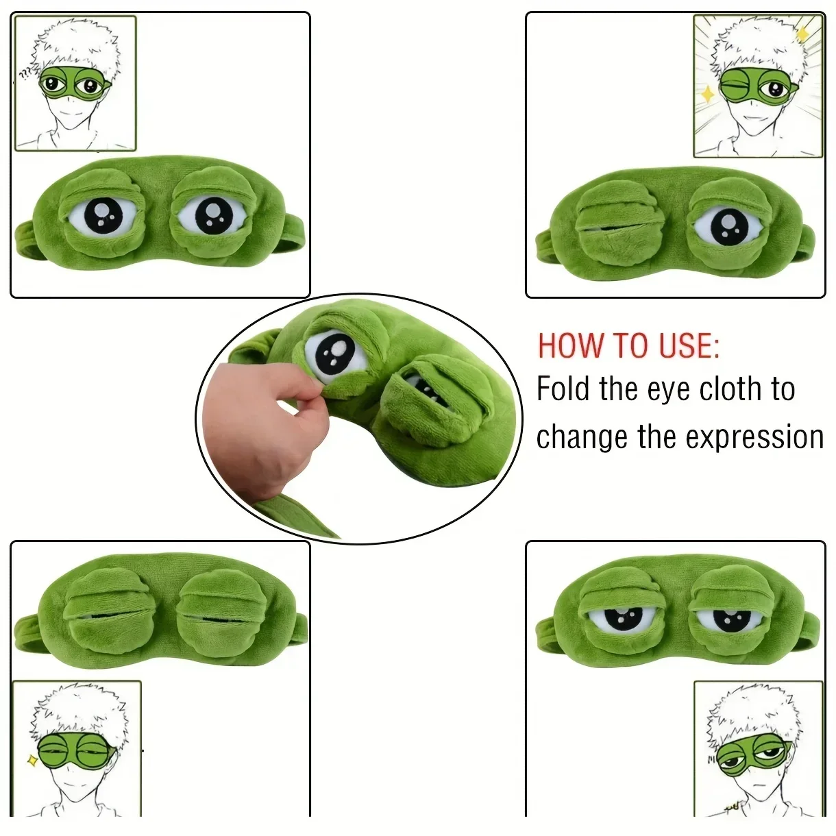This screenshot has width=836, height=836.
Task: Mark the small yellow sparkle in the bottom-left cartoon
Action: pos(32,759)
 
